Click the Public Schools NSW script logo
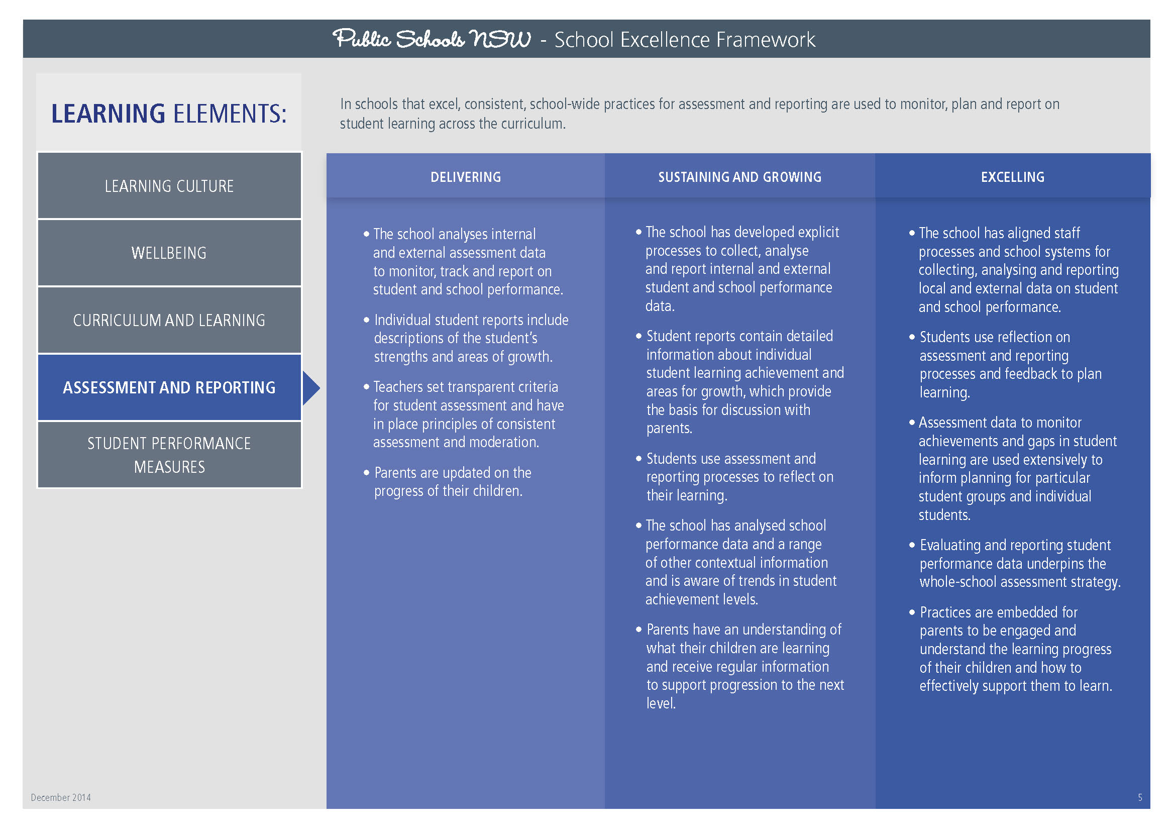(x=432, y=39)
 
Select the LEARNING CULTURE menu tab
(x=169, y=186)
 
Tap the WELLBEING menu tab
(x=169, y=253)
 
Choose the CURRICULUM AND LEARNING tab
(x=169, y=321)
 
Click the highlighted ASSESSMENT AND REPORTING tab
(x=169, y=387)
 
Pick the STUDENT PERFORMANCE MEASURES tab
(x=169, y=455)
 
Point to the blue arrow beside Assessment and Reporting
(x=310, y=388)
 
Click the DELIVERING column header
(x=465, y=177)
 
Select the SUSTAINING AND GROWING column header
(x=739, y=177)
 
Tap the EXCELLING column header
(x=1012, y=177)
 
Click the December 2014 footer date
(x=61, y=797)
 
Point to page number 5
(x=1140, y=797)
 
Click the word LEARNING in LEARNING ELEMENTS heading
(x=108, y=114)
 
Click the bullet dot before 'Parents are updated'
(x=366, y=472)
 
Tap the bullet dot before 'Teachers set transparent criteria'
(x=366, y=386)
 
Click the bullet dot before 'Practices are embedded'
(x=912, y=612)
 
